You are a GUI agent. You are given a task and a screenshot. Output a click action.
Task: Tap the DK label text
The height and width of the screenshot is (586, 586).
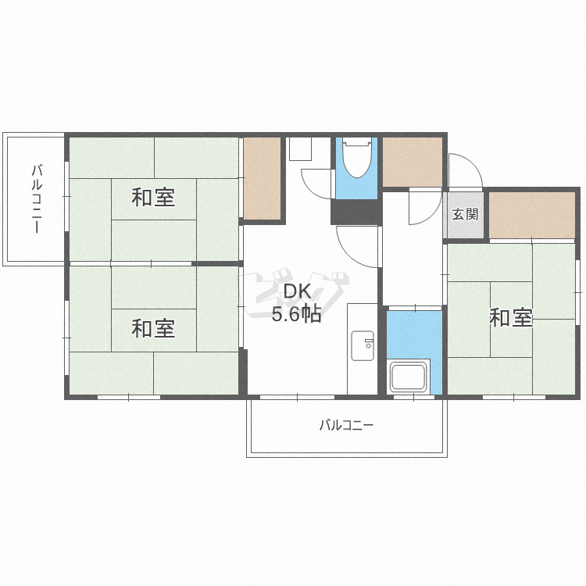pyautogui.click(x=297, y=291)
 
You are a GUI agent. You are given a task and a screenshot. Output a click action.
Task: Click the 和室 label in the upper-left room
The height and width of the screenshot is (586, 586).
pyautogui.click(x=153, y=197)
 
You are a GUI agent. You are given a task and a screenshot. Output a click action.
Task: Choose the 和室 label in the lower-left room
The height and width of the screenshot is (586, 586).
pyautogui.click(x=153, y=328)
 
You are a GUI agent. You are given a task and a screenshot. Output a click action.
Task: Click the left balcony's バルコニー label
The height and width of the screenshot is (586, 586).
pyautogui.click(x=36, y=198)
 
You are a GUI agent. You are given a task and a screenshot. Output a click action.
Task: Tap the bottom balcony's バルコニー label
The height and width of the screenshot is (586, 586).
pyautogui.click(x=346, y=426)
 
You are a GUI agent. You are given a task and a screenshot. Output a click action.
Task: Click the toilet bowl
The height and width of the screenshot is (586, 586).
pyautogui.click(x=356, y=160)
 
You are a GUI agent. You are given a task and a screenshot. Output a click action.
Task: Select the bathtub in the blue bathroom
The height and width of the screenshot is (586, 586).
pyautogui.click(x=409, y=378)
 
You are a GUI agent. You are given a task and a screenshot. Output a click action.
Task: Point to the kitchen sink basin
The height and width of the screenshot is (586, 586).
pyautogui.click(x=363, y=345)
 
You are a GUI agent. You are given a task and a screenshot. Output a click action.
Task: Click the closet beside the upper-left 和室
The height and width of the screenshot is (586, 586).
pyautogui.click(x=262, y=179)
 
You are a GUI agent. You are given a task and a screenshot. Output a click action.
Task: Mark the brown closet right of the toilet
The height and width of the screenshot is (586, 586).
pyautogui.click(x=412, y=163)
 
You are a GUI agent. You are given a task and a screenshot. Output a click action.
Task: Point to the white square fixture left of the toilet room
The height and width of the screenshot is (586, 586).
pyautogui.click(x=300, y=149)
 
